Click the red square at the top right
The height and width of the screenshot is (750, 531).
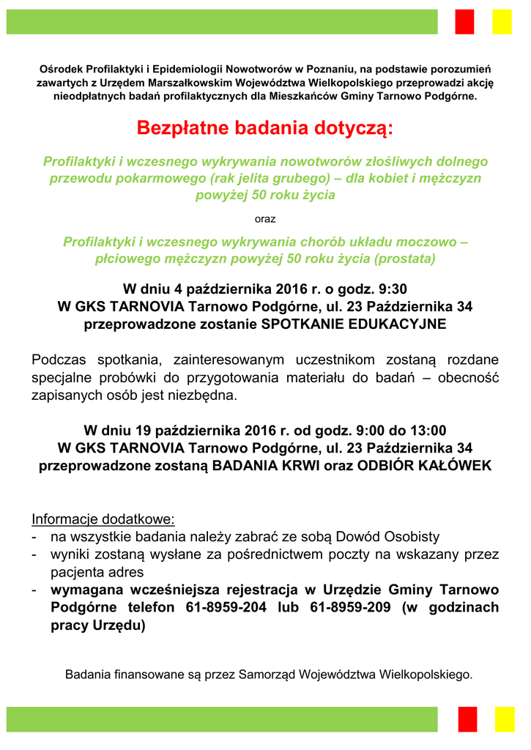tap(465, 21)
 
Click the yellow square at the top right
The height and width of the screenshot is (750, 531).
tap(502, 21)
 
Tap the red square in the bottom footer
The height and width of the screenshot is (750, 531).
tap(467, 719)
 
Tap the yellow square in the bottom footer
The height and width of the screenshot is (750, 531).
tap(505, 719)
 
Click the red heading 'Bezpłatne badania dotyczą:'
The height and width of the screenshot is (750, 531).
tap(265, 129)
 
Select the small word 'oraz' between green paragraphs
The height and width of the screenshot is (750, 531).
tap(265, 218)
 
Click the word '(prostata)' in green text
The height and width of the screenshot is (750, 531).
tap(404, 259)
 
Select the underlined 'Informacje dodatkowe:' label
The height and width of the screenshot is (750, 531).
tap(103, 519)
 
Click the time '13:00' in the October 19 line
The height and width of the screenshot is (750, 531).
tap(428, 430)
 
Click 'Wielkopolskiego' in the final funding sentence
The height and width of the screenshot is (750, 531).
tap(427, 674)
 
